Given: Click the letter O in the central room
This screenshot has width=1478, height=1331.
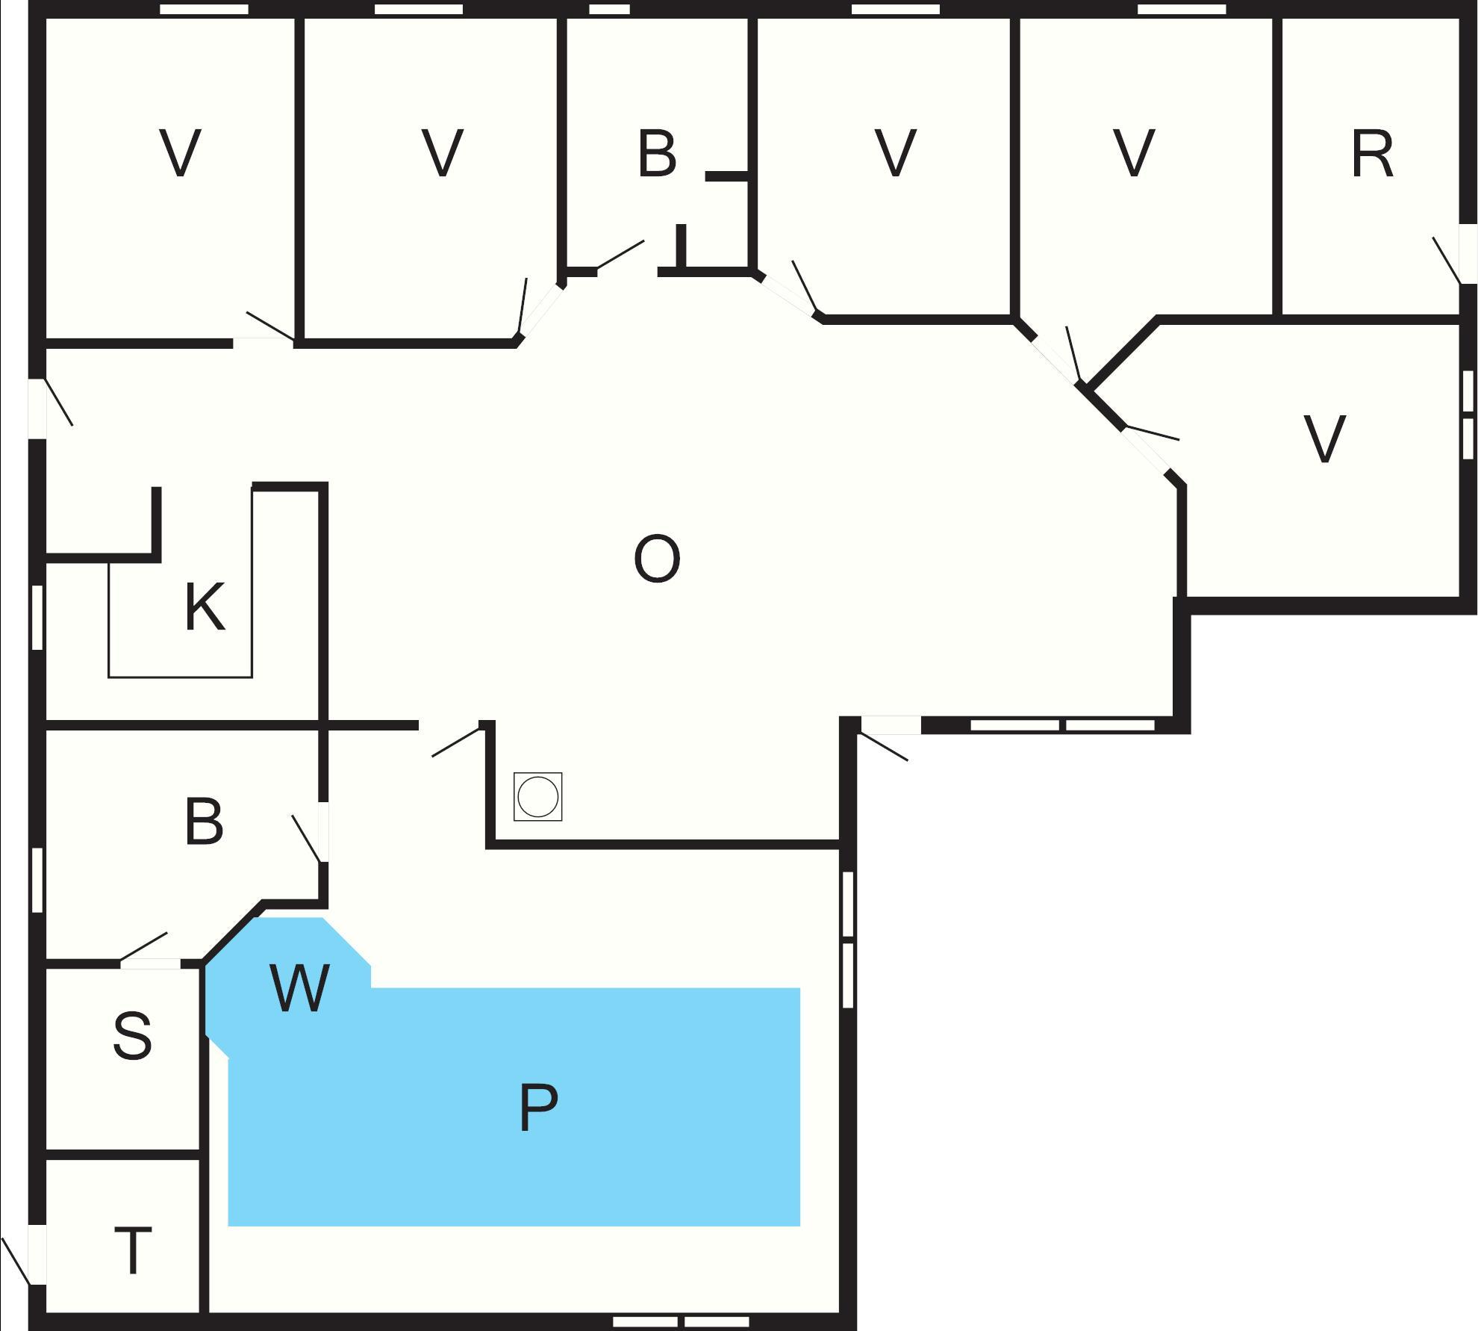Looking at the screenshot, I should click(x=657, y=559).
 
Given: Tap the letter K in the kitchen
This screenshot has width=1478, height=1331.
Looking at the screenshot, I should click(x=204, y=608).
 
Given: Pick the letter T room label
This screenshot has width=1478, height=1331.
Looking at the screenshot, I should click(x=133, y=1250).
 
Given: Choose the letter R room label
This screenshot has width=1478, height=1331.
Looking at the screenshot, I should click(x=1372, y=155).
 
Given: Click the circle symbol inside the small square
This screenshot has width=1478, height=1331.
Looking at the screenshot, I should click(x=537, y=797).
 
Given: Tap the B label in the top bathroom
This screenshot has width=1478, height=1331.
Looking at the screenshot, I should click(x=657, y=155).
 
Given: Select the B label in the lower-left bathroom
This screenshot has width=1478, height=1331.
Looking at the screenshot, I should click(x=204, y=822).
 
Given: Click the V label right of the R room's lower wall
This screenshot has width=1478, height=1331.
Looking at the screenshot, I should click(x=1324, y=439).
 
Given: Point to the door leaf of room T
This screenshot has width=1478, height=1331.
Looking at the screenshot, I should click(x=16, y=1261).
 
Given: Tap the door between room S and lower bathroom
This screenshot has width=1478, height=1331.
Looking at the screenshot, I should click(x=143, y=946).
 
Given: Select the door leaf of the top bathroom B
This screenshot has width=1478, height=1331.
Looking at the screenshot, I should click(x=620, y=255).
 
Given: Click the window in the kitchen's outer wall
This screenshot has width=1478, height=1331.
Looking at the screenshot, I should click(x=37, y=617).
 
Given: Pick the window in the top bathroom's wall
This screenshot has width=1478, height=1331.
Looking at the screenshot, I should click(x=609, y=9).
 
